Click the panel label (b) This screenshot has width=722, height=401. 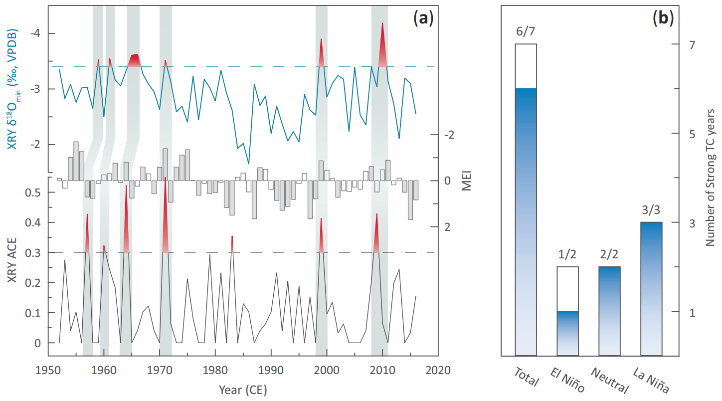point(663,19)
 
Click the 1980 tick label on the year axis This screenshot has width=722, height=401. point(215,371)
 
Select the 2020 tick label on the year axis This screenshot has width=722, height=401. point(438,371)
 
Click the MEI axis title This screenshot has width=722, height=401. point(467,181)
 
